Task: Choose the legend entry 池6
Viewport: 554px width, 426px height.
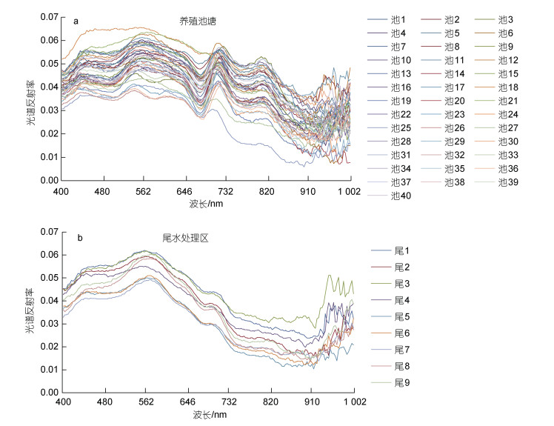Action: [506, 33]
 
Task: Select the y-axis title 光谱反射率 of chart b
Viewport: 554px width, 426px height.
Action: [31, 311]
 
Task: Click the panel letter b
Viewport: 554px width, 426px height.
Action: [79, 238]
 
